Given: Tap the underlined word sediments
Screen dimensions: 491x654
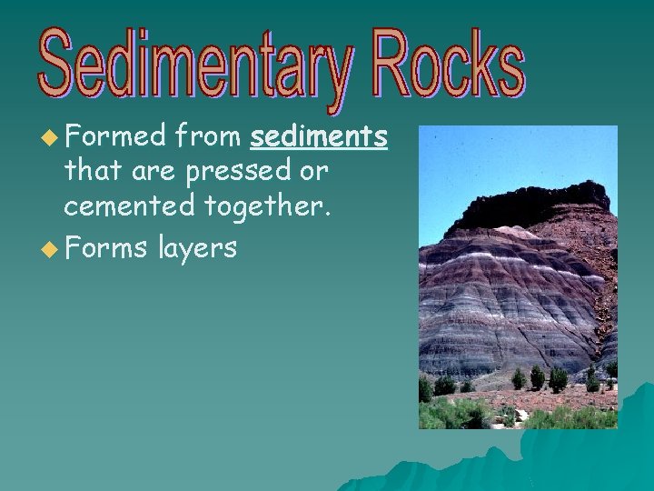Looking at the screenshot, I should pos(319,136).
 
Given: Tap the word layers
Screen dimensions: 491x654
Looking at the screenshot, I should pos(196,247).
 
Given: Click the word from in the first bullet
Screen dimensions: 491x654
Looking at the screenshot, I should pos(208,136).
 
